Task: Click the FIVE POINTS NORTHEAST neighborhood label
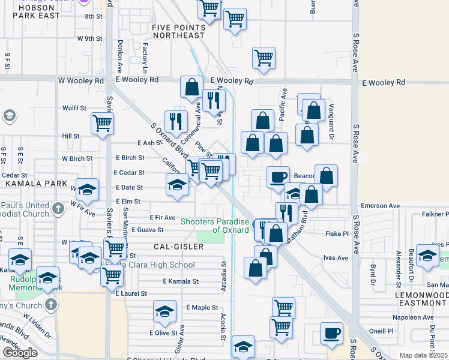click(179, 31)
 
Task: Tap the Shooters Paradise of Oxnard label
click(215, 226)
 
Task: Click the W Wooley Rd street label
click(80, 80)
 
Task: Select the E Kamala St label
click(180, 281)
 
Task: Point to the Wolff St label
click(74, 108)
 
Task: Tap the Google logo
click(20, 353)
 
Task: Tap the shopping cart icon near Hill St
click(103, 124)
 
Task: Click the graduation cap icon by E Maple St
click(164, 311)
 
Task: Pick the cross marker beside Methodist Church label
click(57, 209)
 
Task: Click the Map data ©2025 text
click(424, 355)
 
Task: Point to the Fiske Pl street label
click(336, 233)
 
